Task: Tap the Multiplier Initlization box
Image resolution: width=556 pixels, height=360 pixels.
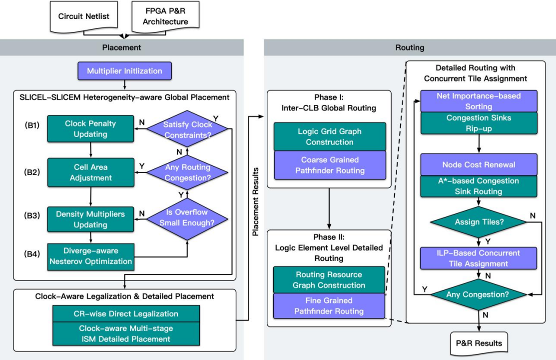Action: (124, 70)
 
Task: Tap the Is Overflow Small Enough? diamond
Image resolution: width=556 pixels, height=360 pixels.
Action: (187, 218)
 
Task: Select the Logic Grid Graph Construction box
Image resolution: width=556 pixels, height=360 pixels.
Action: (329, 136)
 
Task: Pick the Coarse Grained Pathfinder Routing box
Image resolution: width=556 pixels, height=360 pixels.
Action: (329, 164)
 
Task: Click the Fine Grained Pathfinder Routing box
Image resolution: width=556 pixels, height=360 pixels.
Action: (329, 306)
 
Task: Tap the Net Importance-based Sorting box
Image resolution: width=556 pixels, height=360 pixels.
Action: (479, 101)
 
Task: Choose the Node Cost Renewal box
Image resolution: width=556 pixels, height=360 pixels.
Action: (479, 164)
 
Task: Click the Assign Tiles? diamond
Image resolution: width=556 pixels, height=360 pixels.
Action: (479, 221)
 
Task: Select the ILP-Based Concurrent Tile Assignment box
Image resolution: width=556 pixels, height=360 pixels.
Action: (479, 258)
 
